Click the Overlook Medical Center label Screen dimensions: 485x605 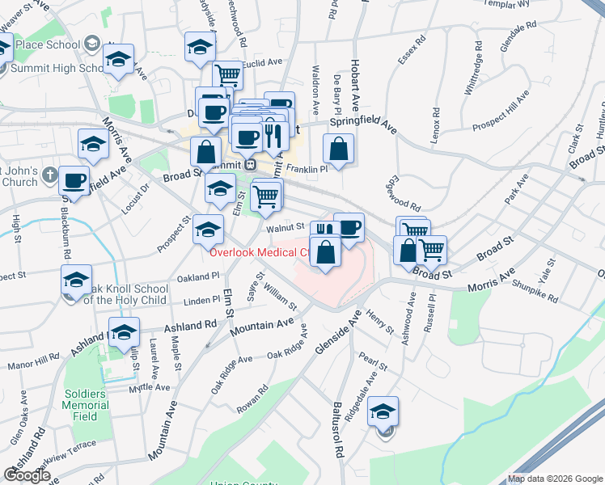[x=259, y=252]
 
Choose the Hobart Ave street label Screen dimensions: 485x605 [x=354, y=85]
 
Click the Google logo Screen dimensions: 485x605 [x=27, y=475]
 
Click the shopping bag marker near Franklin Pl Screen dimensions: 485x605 [x=338, y=149]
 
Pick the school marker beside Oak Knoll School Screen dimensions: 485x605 [x=76, y=280]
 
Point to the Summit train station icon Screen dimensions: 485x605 [x=252, y=164]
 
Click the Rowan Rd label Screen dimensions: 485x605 [x=252, y=398]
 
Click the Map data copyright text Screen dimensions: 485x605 [x=554, y=479]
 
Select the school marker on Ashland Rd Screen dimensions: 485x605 [x=124, y=332]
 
